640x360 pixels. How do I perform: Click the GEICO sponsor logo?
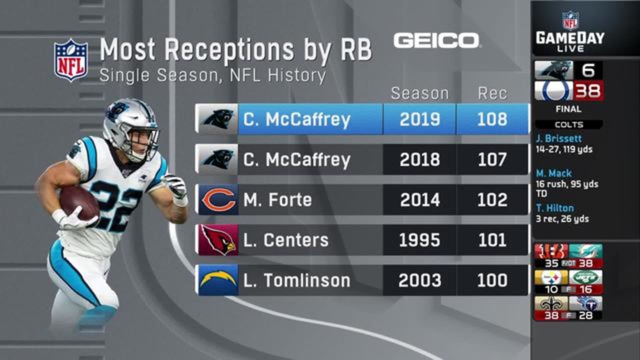[x=436, y=40]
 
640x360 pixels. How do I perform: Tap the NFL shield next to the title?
[x=70, y=59]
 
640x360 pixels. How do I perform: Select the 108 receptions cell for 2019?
[x=492, y=119]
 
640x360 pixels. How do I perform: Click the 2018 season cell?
[x=419, y=159]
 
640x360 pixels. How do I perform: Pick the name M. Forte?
[x=277, y=199]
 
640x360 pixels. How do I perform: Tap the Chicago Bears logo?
[x=217, y=199]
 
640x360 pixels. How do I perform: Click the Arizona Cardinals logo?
[x=217, y=240]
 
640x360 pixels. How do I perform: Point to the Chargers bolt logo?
[x=217, y=280]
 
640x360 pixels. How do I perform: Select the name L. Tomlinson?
[x=296, y=280]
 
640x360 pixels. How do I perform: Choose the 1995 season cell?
[x=419, y=240]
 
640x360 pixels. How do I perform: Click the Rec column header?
[x=492, y=93]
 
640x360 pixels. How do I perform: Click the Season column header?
[x=419, y=93]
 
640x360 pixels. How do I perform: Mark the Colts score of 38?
[x=588, y=91]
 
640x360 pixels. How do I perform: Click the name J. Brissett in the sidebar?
[x=558, y=138]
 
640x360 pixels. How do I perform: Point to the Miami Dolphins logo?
[x=585, y=251]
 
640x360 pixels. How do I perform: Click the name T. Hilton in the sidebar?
[x=555, y=208]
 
